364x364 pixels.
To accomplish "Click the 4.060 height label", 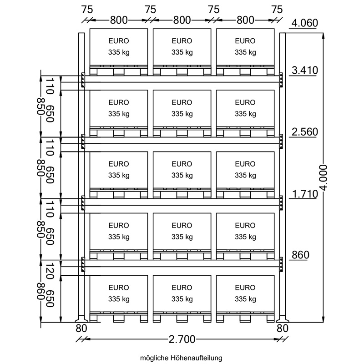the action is [304, 23].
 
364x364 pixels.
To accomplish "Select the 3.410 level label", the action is [304, 70].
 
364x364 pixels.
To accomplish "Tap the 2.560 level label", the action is [304, 132].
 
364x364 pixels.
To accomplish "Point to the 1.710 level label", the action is [304, 194].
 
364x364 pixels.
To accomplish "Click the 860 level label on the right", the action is [300, 255].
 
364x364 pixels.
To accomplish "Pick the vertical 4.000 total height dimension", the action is [324, 177].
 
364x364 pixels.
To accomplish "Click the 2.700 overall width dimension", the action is [182, 339].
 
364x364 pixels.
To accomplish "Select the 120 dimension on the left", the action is [50, 271].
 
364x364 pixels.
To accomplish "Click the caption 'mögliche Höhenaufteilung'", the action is [181, 358].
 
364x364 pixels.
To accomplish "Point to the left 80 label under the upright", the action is [81, 328].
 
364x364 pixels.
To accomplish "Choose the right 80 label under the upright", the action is [283, 328].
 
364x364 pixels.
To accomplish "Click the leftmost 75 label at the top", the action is [87, 10].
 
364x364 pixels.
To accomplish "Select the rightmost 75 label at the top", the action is [277, 10].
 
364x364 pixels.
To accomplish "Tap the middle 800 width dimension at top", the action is [182, 20].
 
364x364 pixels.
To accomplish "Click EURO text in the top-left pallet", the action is [119, 41].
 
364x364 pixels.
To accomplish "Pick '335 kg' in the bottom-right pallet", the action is [245, 299].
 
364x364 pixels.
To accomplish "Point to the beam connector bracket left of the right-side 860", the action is [281, 264].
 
